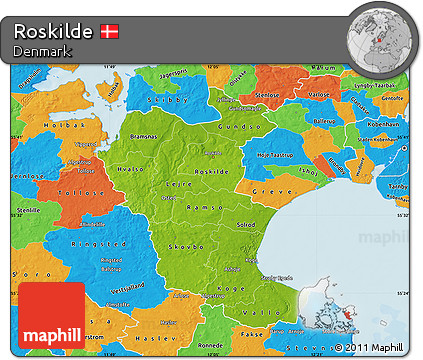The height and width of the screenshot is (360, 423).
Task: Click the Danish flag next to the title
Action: point(111,31)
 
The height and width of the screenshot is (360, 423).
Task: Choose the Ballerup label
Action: point(326,121)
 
